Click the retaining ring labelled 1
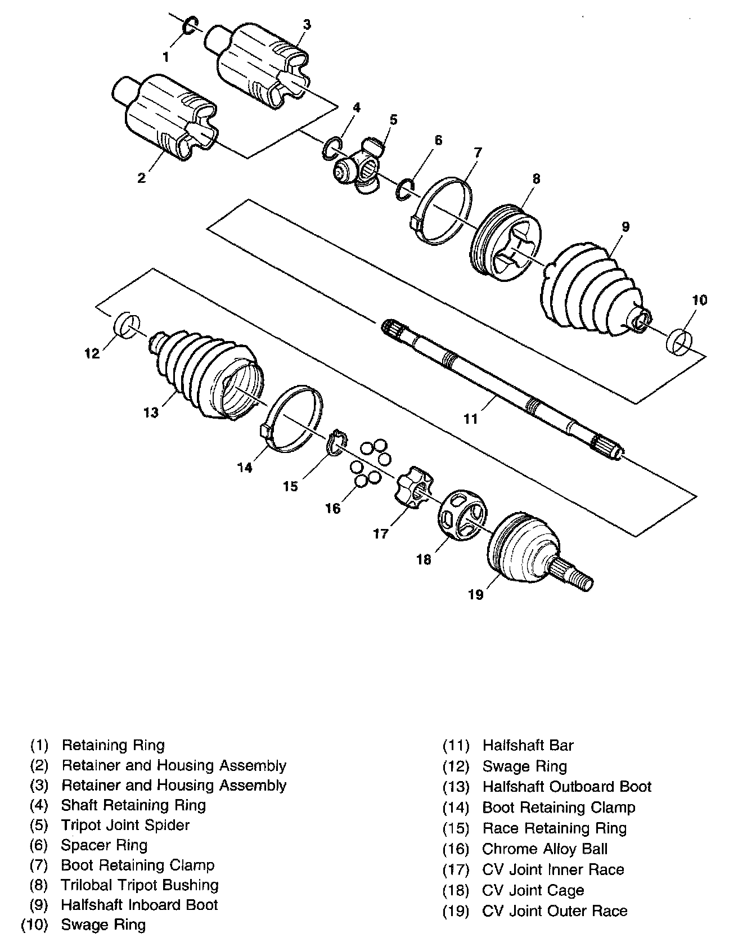coord(191,25)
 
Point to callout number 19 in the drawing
coord(476,594)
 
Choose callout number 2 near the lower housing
coord(141,178)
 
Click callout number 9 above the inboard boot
coord(625,227)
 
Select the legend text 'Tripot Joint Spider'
coord(125,825)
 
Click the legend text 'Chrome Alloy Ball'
coord(544,849)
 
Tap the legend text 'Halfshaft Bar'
coord(528,746)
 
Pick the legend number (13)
coord(456,787)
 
